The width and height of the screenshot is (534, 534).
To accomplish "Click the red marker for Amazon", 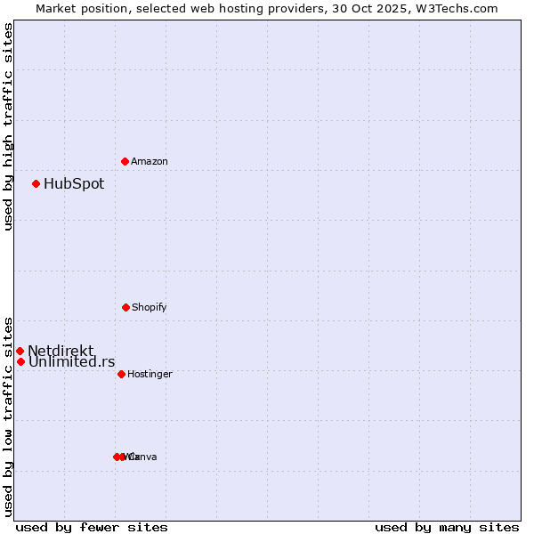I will [x=125, y=161].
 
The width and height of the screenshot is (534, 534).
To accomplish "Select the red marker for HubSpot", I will [x=36, y=183].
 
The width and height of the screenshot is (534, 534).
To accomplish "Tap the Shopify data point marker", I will [x=125, y=307].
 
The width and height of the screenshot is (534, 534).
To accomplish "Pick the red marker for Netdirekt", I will [x=20, y=351].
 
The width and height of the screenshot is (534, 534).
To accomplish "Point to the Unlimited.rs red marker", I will [x=20, y=361].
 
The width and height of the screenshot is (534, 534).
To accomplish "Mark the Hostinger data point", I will [x=121, y=374].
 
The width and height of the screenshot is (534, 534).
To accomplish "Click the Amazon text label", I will [x=150, y=161].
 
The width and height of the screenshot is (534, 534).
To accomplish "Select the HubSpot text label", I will [x=74, y=184].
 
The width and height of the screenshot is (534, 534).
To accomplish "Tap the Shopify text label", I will [x=150, y=307].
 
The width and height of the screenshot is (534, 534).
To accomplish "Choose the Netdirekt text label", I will [x=61, y=351].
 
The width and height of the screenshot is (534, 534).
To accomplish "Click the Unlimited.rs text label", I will [x=71, y=361].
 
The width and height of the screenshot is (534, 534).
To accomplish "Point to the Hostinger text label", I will [x=150, y=374].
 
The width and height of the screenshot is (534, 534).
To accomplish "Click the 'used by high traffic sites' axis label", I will [x=9, y=126].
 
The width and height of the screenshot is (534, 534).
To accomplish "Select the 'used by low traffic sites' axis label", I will [x=9, y=416].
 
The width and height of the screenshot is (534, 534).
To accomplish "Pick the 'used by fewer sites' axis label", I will [x=92, y=527].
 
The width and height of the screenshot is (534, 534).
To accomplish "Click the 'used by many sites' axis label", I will [x=447, y=527].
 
